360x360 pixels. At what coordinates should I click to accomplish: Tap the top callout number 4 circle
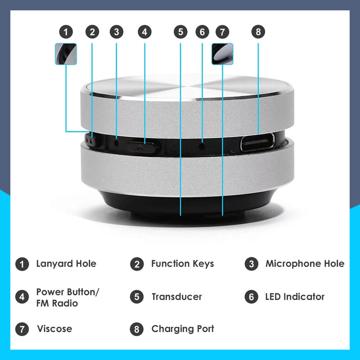(144, 32)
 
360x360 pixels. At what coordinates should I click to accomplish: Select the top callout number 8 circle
(258, 32)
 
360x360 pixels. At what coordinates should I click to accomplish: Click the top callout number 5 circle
(180, 32)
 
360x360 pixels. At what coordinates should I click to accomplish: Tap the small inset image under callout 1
(66, 54)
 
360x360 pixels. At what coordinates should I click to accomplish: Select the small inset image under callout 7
(222, 54)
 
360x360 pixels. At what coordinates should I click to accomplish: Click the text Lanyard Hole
(66, 264)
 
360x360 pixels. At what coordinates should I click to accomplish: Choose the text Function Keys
(182, 264)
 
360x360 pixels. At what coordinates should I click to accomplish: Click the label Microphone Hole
(305, 264)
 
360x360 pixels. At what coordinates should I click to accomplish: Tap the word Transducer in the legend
(176, 297)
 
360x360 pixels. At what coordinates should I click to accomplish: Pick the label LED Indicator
(295, 297)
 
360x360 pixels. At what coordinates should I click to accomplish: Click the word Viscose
(54, 329)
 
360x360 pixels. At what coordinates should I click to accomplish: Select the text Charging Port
(182, 329)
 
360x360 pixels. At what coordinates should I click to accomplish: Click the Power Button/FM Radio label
(67, 297)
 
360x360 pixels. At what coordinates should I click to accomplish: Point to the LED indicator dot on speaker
(202, 145)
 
